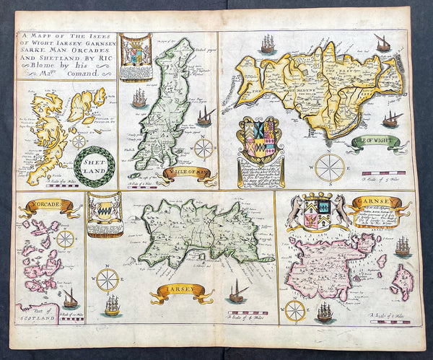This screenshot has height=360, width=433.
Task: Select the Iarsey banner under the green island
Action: [182, 293]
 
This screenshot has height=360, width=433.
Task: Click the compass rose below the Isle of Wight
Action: [330, 167]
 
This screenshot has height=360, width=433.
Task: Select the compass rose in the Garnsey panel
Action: [294, 310]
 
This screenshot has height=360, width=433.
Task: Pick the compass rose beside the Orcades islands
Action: [66, 239]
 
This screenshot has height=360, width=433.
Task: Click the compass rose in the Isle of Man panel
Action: [204, 149]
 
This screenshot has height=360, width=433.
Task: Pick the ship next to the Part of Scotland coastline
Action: [70, 297]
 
